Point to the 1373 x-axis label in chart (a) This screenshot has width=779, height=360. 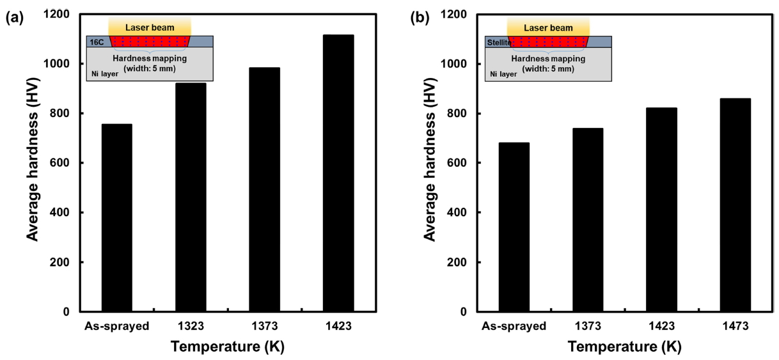coord(264,326)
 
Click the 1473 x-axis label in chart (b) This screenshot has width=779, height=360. coord(735,326)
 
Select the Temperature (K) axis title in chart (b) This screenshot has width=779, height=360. coord(624,347)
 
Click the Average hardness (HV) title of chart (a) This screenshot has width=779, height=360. coord(33,162)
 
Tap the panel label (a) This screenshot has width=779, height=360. coord(15,19)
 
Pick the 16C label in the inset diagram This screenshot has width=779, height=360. coord(95,42)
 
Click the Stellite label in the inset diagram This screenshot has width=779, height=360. coord(497,42)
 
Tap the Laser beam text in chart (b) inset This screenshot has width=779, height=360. coord(548,28)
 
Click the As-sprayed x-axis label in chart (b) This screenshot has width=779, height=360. coord(514,326)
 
